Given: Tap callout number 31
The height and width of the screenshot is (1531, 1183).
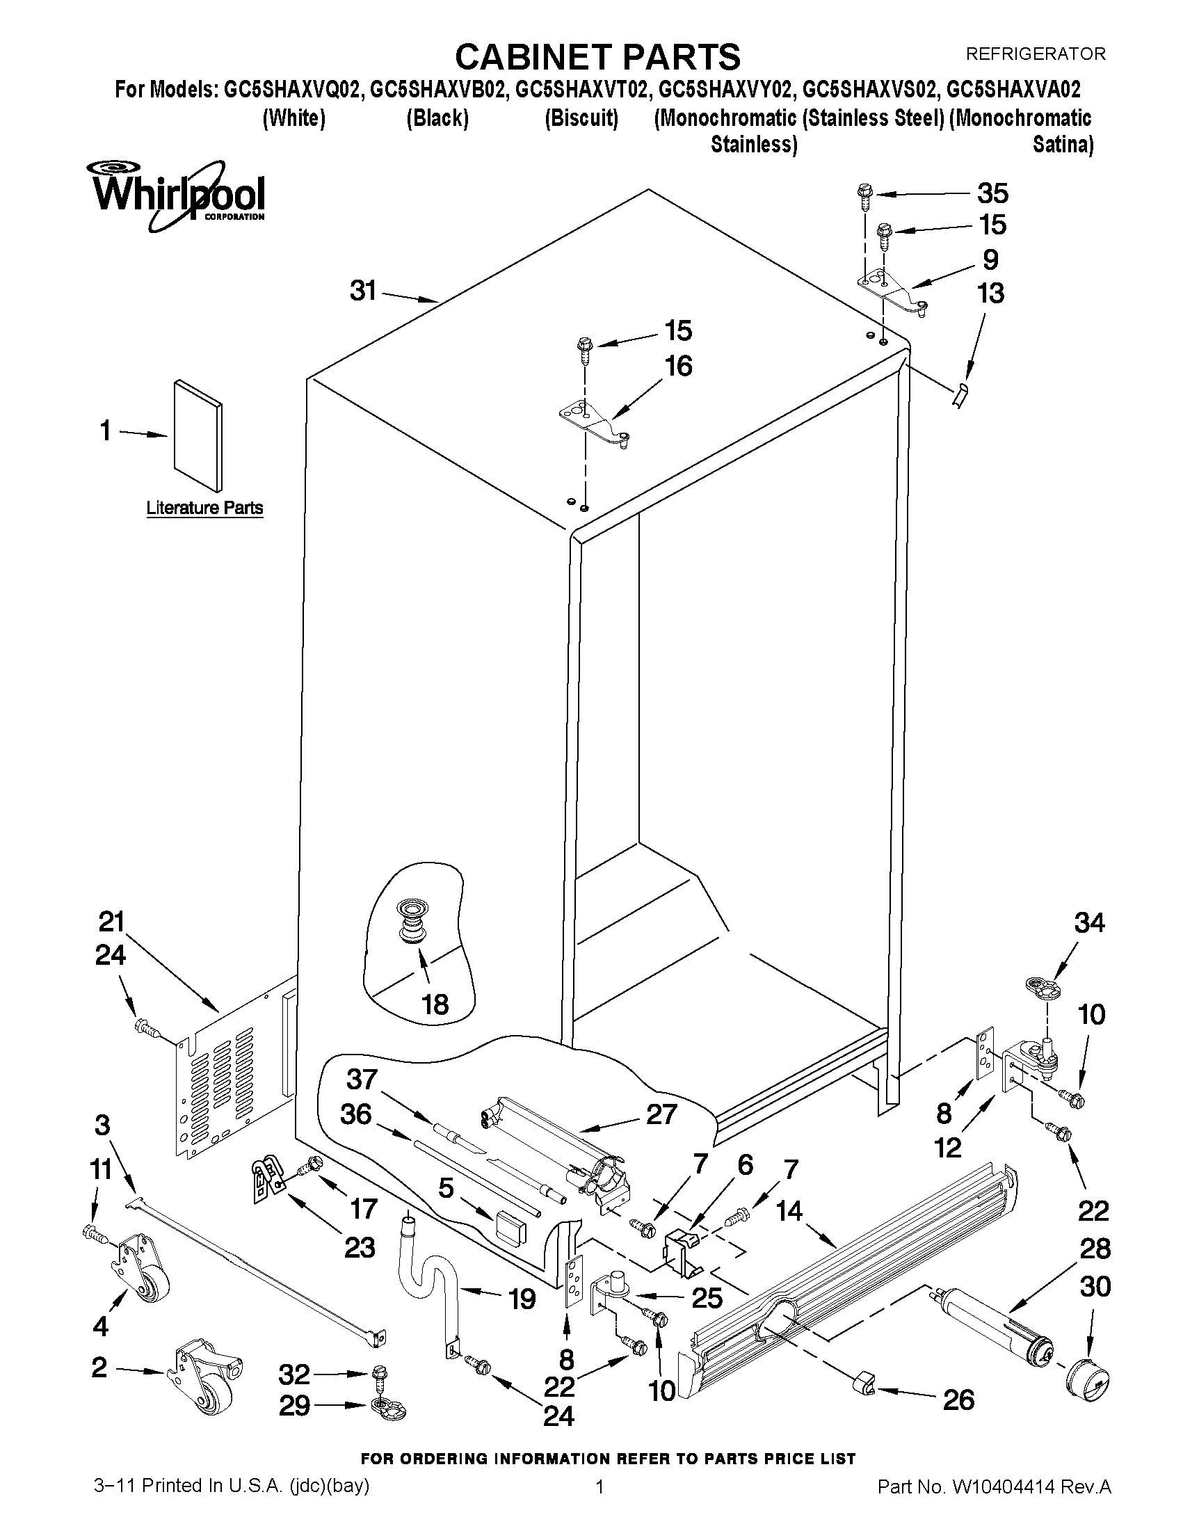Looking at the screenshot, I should pos(363,290).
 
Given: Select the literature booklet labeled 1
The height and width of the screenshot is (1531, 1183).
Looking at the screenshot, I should pos(198,435).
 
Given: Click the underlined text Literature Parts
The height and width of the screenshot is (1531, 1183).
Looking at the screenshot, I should pos(204,508).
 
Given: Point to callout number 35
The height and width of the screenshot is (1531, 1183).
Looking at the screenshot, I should pos(992,192).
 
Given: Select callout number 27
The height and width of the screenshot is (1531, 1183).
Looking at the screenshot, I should pos(661,1114).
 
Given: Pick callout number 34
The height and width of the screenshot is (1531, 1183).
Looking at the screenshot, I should pos(1089,923).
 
